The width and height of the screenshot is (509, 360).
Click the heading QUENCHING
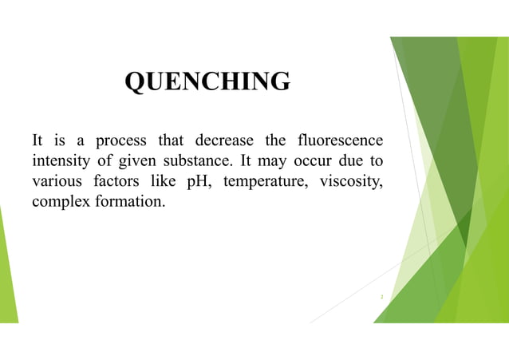207,81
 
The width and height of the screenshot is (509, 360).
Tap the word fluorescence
338,143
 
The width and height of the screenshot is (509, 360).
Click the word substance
199,162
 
